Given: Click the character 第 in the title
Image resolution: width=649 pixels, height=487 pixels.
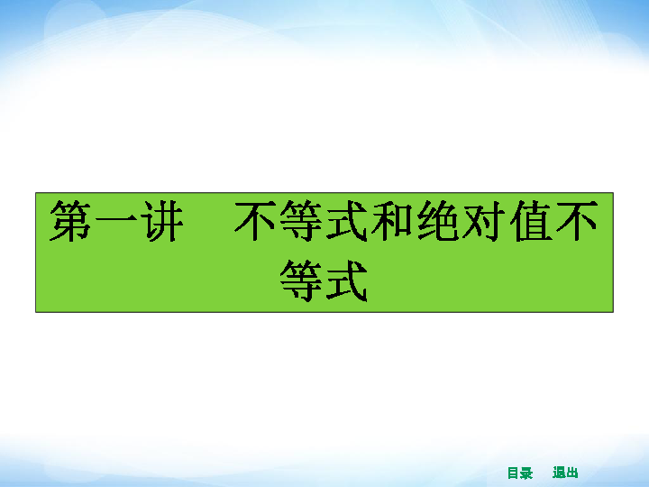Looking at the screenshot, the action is coord(70,221).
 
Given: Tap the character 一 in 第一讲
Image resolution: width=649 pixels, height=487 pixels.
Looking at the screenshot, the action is coord(116,221).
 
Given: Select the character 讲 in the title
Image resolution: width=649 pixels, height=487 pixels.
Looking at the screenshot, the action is coord(162,221).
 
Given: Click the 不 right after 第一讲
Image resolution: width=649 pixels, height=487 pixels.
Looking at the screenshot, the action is coord(254,221).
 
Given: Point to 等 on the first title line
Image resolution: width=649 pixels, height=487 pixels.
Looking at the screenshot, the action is coord(301,221).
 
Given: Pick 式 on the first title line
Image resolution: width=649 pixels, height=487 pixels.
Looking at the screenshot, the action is coord(347,221).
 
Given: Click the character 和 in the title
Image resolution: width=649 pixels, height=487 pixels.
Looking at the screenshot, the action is coord(392,221).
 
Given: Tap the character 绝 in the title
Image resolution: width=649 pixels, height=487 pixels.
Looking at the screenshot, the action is coord(438,221).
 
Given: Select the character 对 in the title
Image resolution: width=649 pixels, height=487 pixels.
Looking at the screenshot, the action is coord(484,221).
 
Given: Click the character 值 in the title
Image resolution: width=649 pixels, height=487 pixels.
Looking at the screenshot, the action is coord(530,221).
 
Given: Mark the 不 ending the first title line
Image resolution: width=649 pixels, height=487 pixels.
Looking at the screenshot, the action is coord(577,221).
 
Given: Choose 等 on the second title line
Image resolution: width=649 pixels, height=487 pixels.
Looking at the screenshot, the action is coord(301,280).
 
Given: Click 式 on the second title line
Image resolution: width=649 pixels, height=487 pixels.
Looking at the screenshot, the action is coord(347,280).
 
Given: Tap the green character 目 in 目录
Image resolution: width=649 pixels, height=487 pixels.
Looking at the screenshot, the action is coord(513,473).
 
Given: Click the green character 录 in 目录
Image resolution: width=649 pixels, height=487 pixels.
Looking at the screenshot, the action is coord(526,473).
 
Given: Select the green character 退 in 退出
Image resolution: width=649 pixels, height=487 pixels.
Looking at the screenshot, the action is coord(559,473).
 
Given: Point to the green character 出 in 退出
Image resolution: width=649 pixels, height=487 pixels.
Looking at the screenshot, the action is coord(572,473).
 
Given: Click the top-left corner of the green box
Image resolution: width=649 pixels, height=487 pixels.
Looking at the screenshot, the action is coord(35,193).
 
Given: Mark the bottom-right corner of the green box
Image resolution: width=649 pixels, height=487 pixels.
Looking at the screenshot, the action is coord(614,312).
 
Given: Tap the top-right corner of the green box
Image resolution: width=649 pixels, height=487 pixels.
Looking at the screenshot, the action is coord(614,193).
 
